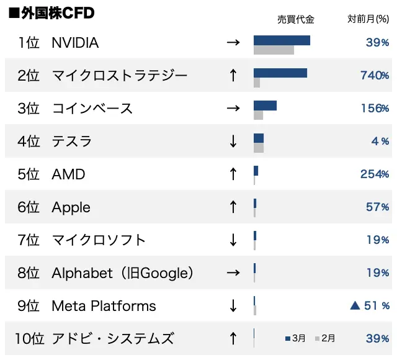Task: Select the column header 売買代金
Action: [296, 19]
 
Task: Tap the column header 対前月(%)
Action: [368, 19]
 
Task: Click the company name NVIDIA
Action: [75, 43]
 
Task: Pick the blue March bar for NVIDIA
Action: [282, 40]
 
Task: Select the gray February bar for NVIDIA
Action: [274, 50]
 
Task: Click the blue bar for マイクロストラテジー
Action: [280, 73]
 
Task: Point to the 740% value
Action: [375, 76]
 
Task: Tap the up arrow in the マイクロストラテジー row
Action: [233, 76]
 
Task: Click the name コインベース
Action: [92, 109]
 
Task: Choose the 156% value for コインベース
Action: [375, 109]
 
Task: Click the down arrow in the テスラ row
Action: [233, 142]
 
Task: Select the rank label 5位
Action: [29, 174]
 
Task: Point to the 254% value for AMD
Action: [375, 174]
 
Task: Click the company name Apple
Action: [71, 207]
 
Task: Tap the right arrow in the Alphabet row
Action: [233, 273]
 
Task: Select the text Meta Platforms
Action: [104, 306]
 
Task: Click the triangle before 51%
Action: [355, 305]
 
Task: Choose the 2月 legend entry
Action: [326, 338]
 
